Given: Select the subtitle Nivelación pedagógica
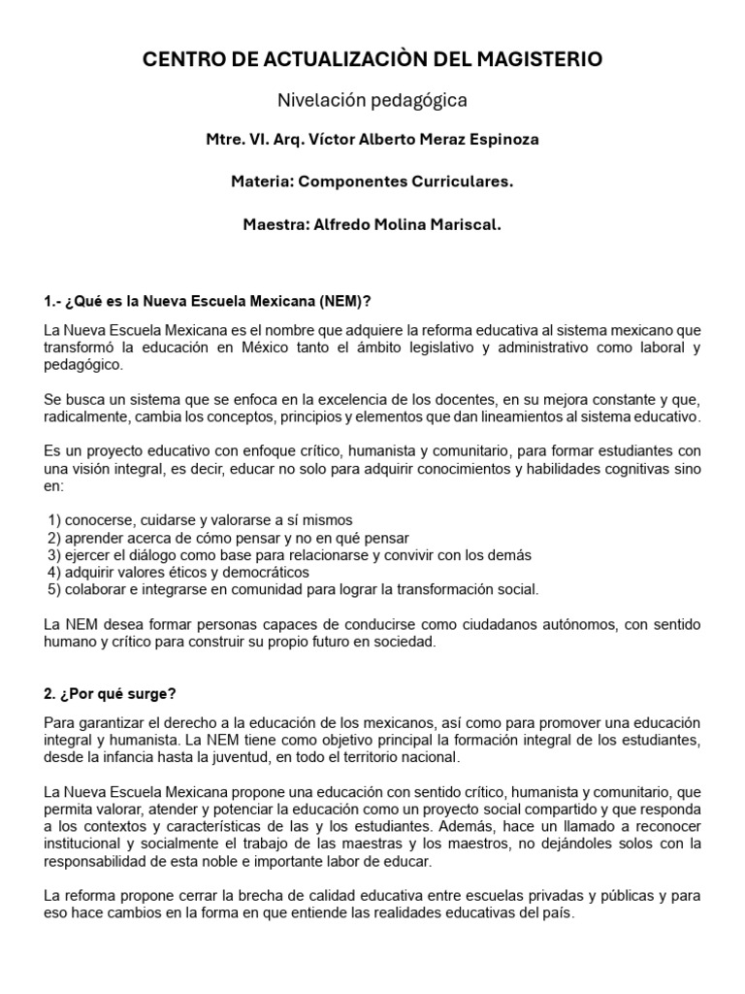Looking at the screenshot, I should point(372,100).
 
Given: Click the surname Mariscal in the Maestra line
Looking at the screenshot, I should point(464,224).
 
